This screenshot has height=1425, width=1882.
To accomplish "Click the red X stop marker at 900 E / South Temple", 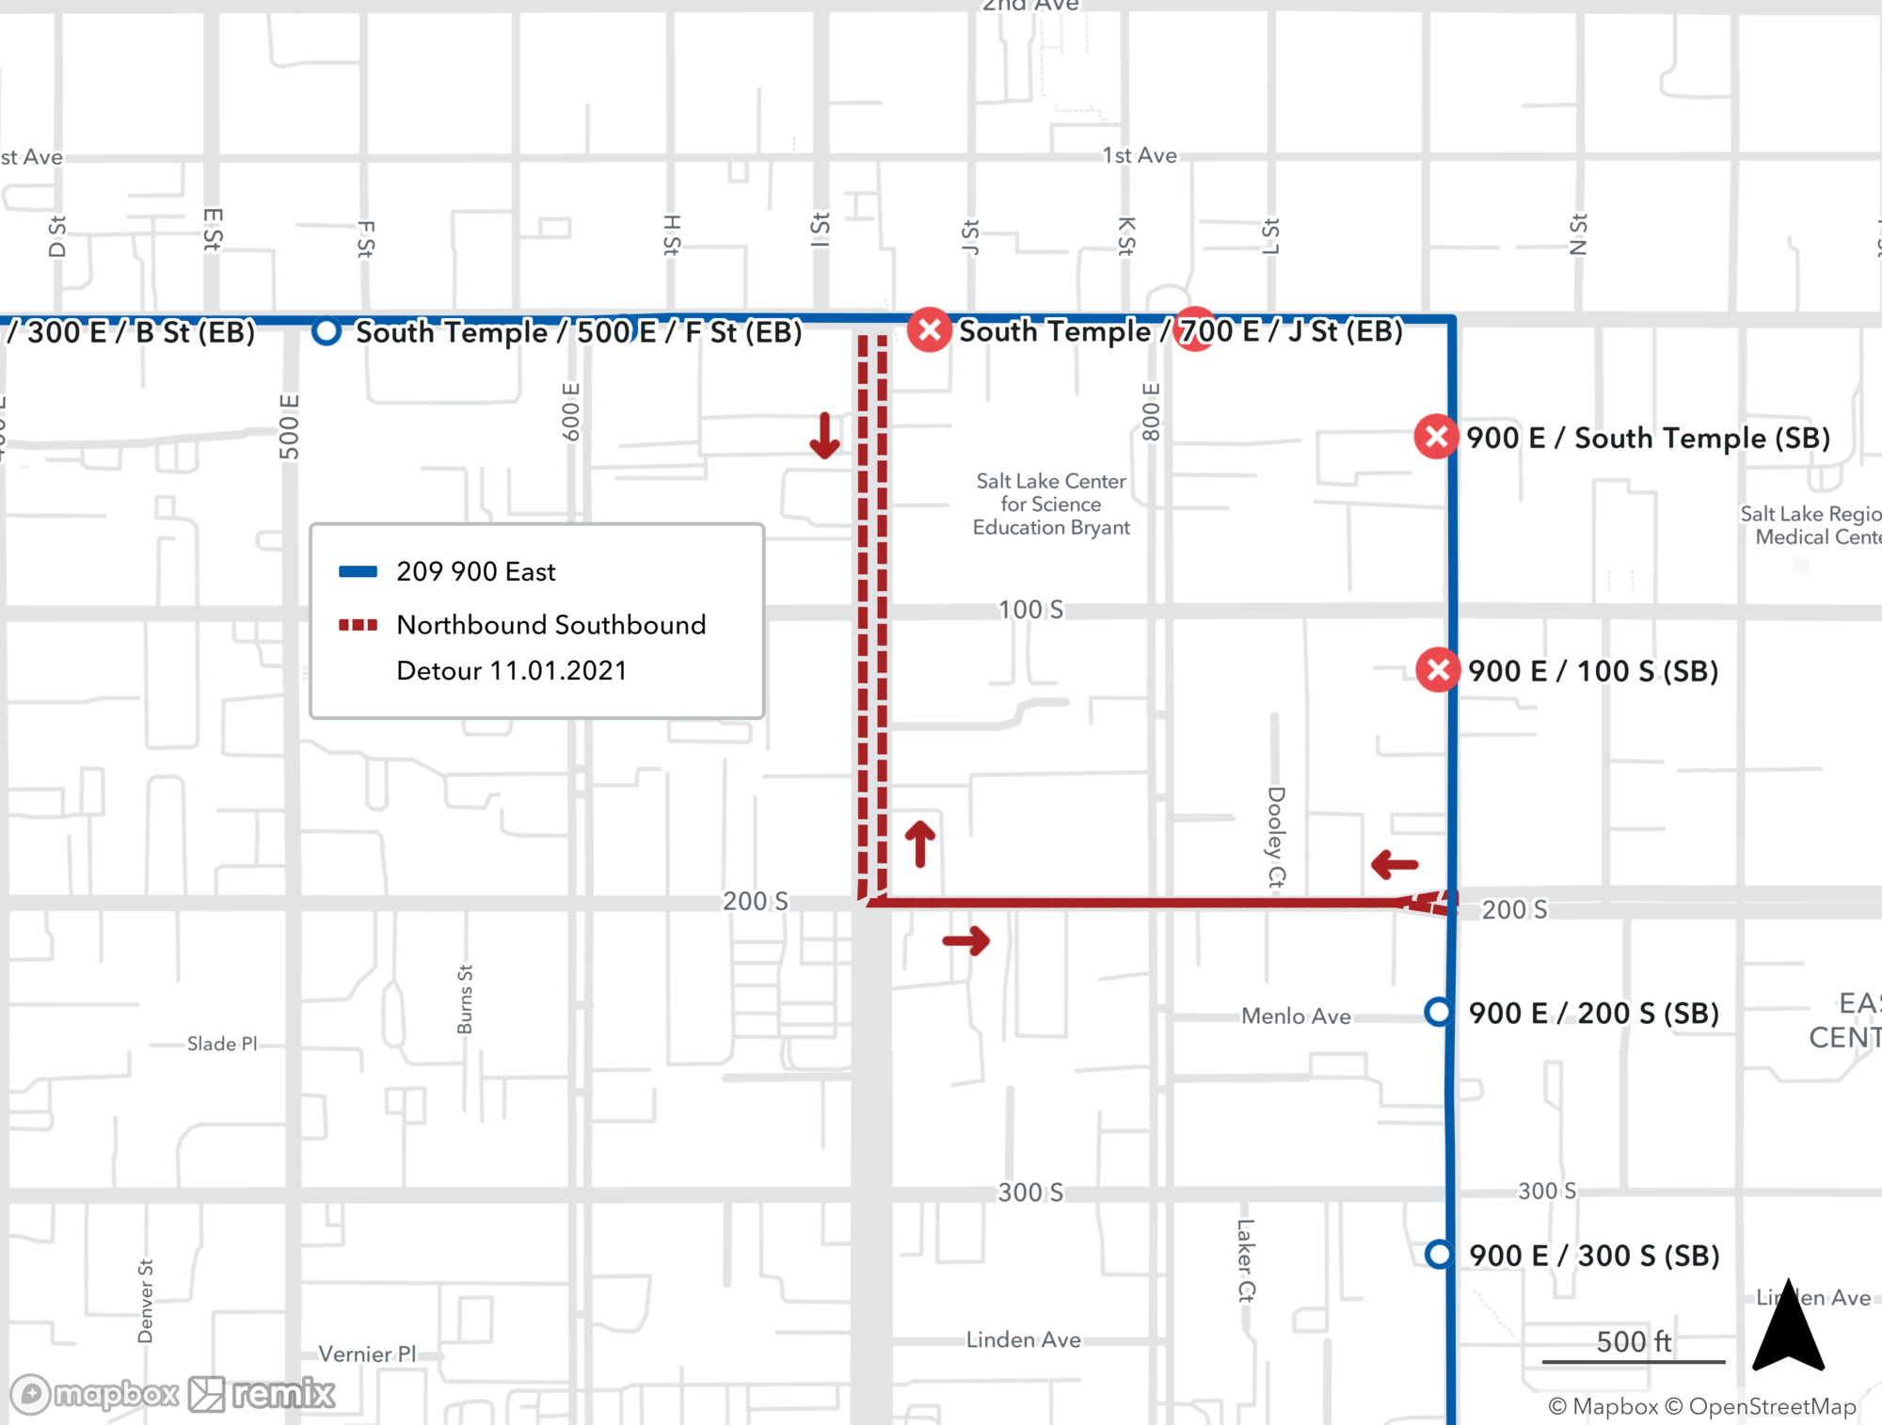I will pyautogui.click(x=1436, y=437).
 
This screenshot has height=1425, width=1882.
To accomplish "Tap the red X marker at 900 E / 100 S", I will pyautogui.click(x=1438, y=670).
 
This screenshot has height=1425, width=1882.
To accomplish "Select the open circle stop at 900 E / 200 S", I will pyautogui.click(x=1438, y=1012).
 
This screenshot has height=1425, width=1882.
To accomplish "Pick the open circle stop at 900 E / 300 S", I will pyautogui.click(x=1439, y=1254).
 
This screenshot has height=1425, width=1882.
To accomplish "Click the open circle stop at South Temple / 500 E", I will pyautogui.click(x=326, y=331).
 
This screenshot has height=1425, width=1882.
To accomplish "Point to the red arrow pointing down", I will pyautogui.click(x=824, y=436).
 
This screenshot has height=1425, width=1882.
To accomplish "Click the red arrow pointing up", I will pyautogui.click(x=920, y=843).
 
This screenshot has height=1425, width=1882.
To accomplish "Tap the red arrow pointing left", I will pyautogui.click(x=1395, y=864).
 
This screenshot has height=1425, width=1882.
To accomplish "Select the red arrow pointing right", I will pyautogui.click(x=966, y=939).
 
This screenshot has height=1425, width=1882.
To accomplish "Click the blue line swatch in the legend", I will pyautogui.click(x=358, y=571).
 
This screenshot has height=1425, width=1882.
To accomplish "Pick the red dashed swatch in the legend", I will pyautogui.click(x=358, y=625).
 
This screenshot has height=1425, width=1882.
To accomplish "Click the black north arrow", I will pyautogui.click(x=1788, y=1327).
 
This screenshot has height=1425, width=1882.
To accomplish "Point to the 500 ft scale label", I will pyautogui.click(x=1634, y=1341).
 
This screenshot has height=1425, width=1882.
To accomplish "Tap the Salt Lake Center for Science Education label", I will pyautogui.click(x=1051, y=504).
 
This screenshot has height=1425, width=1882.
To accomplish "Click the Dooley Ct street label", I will pyautogui.click(x=1276, y=837).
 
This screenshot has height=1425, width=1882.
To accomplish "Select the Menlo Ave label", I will pyautogui.click(x=1296, y=1016).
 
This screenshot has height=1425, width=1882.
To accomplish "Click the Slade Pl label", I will pyautogui.click(x=222, y=1044).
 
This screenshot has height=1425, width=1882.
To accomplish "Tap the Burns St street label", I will pyautogui.click(x=465, y=1000).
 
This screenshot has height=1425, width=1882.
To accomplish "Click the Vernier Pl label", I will pyautogui.click(x=367, y=1353).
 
